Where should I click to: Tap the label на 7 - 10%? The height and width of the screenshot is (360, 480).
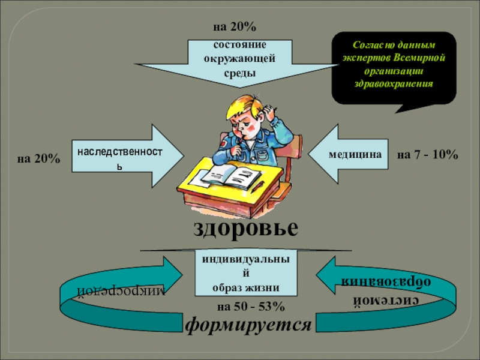point(428,155)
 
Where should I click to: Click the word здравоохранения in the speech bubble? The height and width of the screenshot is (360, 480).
point(393,83)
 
